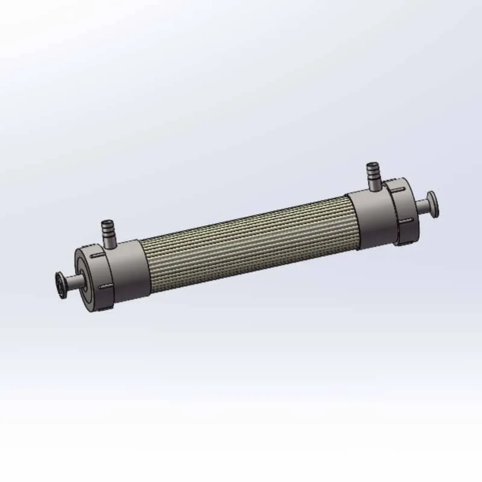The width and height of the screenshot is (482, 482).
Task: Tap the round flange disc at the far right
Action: click(x=433, y=203)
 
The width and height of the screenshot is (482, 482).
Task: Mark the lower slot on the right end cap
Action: click(x=405, y=220)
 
